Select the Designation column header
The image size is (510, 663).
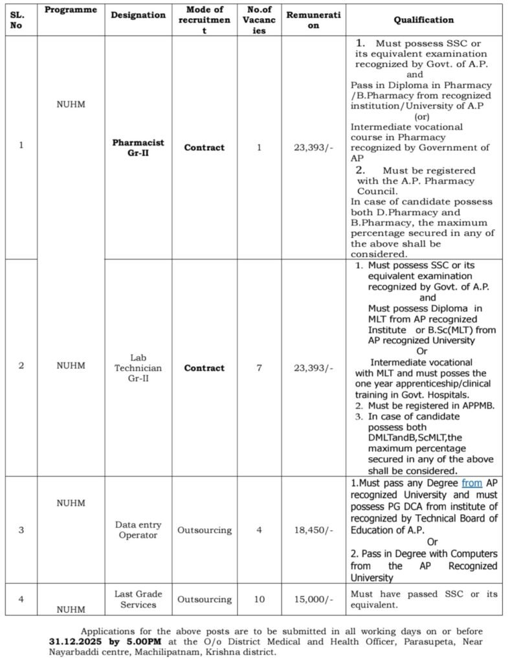pyautogui.click(x=138, y=15)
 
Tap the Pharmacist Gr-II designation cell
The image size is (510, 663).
pyautogui.click(x=138, y=148)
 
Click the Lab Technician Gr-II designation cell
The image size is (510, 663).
pyautogui.click(x=138, y=368)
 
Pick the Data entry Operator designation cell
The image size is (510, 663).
pyautogui.click(x=138, y=530)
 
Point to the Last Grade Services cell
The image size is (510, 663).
pyautogui.click(x=138, y=599)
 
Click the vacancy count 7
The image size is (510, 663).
pyautogui.click(x=259, y=368)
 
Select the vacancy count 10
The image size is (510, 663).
pyautogui.click(x=259, y=600)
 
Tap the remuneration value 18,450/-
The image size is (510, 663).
pyautogui.click(x=313, y=530)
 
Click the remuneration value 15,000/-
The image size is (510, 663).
pyautogui.click(x=313, y=600)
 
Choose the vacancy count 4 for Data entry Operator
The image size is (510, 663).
pyautogui.click(x=259, y=530)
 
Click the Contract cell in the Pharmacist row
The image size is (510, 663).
pyautogui.click(x=204, y=148)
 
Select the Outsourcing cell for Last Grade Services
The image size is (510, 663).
pyautogui.click(x=204, y=600)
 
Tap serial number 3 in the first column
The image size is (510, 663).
pyautogui.click(x=21, y=530)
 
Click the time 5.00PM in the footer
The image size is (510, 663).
pyautogui.click(x=146, y=640)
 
